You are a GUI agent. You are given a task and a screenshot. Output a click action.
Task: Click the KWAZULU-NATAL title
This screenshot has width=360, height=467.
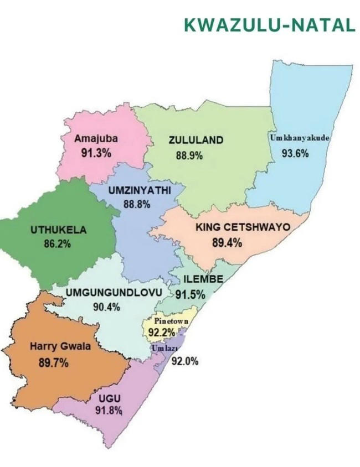[x=269, y=25]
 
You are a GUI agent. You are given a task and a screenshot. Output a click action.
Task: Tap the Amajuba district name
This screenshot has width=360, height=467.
[x=96, y=139]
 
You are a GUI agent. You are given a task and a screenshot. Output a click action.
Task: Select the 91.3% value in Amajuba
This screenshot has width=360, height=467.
[x=96, y=153]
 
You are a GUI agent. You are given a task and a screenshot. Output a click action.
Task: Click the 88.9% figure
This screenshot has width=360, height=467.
[x=189, y=155]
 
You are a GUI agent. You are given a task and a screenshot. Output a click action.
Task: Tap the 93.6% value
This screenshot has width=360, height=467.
[x=295, y=153]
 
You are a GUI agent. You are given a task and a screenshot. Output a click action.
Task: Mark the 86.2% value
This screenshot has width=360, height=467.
[x=57, y=243]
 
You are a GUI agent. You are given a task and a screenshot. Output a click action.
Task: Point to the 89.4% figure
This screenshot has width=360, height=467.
[x=227, y=242]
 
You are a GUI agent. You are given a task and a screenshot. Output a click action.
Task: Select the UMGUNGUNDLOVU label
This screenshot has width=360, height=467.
[x=113, y=292]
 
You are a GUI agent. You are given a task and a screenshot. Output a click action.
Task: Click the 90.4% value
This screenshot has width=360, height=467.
[x=106, y=307]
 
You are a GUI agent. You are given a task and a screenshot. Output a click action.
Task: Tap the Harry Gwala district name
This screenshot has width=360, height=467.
[x=59, y=347]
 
